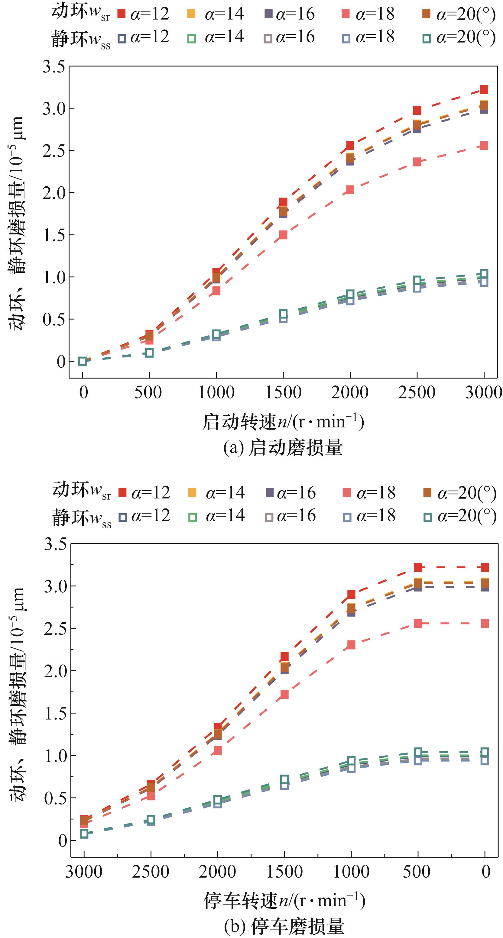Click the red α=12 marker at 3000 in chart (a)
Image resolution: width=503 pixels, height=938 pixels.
[484, 90]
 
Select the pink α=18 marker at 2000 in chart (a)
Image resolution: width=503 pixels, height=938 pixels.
[350, 190]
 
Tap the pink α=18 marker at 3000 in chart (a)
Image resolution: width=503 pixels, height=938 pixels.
[484, 146]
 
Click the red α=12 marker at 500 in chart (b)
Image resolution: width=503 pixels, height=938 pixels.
[418, 567]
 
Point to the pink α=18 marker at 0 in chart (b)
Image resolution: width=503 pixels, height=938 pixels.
[485, 624]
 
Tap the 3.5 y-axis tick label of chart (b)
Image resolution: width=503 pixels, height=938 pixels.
[55, 545]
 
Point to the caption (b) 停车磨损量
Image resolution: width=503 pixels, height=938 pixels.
[284, 926]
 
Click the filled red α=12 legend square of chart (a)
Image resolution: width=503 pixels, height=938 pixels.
[121, 14]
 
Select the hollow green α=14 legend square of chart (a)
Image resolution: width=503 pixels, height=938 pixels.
[192, 38]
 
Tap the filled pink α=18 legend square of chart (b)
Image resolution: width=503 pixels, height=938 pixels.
[347, 493]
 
